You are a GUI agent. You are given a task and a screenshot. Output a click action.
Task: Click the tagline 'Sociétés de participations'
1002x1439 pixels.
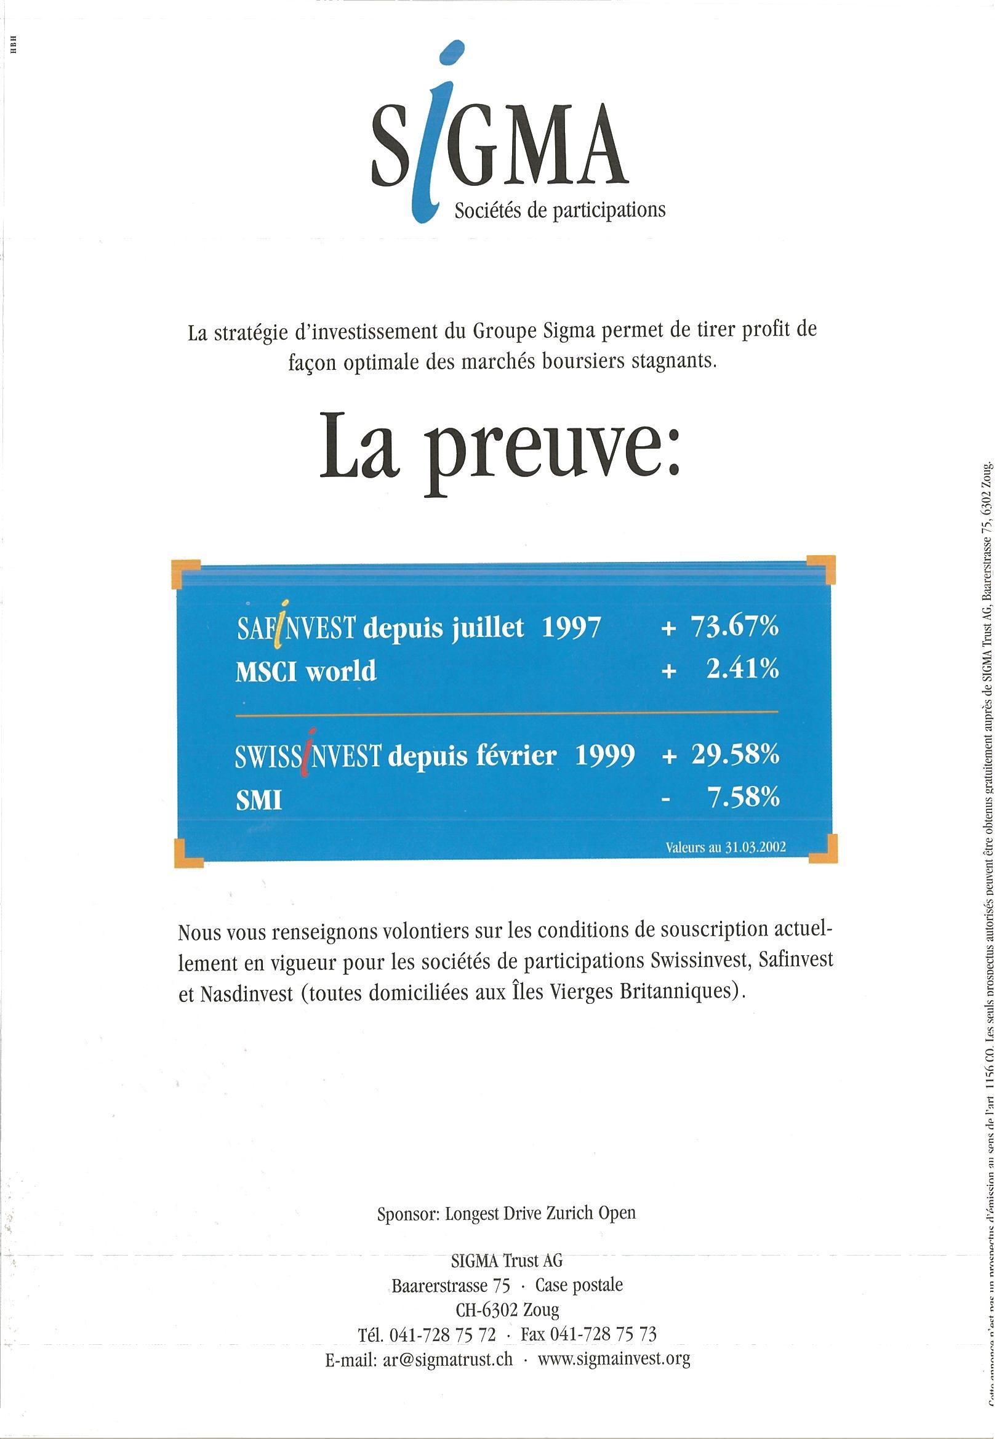pyautogui.click(x=559, y=210)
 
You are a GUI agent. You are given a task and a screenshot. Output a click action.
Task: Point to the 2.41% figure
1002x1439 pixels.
pyautogui.click(x=742, y=670)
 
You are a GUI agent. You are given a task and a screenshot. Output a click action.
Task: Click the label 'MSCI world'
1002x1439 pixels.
pyautogui.click(x=306, y=671)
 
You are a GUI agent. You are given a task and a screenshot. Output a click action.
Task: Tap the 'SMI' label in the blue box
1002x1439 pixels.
pyautogui.click(x=258, y=800)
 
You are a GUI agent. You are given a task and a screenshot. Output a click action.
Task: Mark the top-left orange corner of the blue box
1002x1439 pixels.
pyautogui.click(x=186, y=574)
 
